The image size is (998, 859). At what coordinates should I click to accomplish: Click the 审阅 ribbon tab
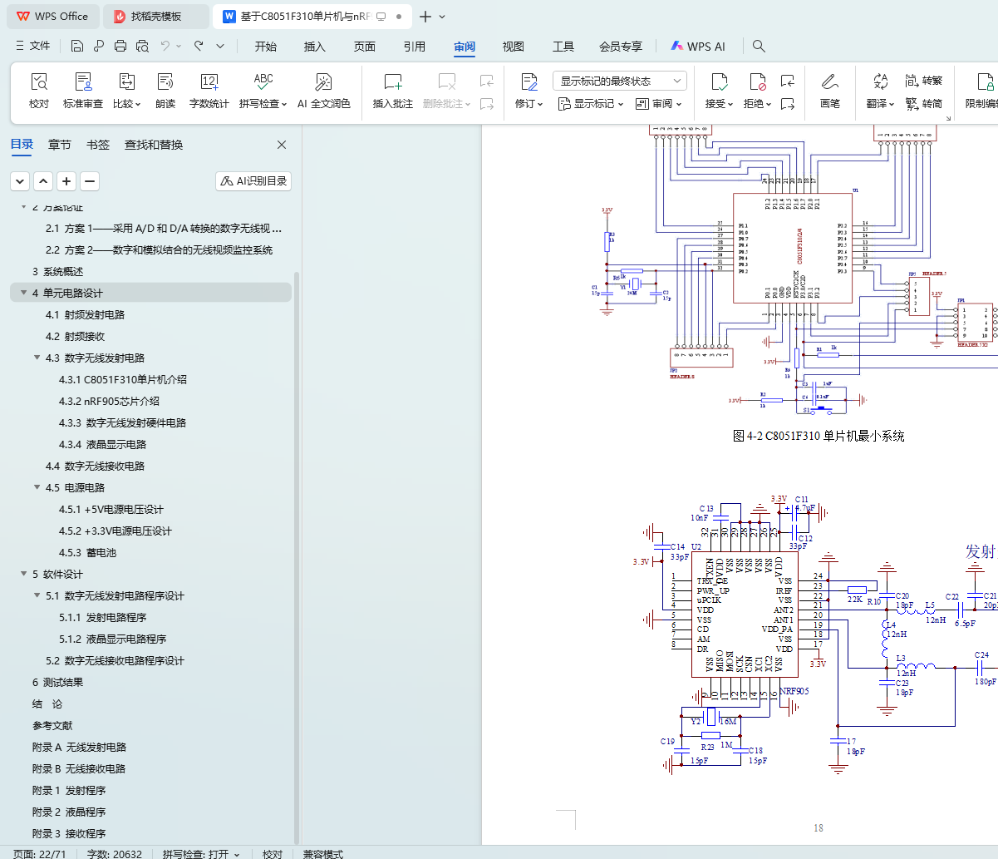click(465, 47)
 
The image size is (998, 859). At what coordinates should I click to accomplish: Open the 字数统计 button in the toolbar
click(209, 91)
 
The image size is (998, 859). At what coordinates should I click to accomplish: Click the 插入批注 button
click(393, 91)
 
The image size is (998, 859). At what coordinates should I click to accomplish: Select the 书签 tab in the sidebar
click(98, 145)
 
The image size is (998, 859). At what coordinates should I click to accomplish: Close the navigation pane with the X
click(282, 145)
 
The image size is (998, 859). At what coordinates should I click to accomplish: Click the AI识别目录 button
click(253, 181)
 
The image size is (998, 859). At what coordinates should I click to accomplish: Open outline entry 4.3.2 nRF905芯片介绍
click(109, 401)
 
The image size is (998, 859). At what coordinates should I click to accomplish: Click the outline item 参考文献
click(52, 725)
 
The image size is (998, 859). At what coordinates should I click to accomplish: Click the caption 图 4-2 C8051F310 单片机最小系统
click(819, 436)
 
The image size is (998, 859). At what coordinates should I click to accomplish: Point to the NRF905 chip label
click(794, 691)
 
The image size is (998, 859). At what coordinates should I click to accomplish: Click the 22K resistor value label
click(855, 599)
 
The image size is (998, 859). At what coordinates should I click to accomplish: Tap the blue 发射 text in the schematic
click(980, 552)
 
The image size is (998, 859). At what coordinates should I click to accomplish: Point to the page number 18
click(819, 827)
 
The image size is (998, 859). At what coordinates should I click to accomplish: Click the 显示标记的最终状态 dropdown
click(620, 81)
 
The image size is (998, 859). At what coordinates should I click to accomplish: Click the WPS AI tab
click(698, 47)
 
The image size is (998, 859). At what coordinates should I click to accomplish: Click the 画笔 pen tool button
click(829, 91)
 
